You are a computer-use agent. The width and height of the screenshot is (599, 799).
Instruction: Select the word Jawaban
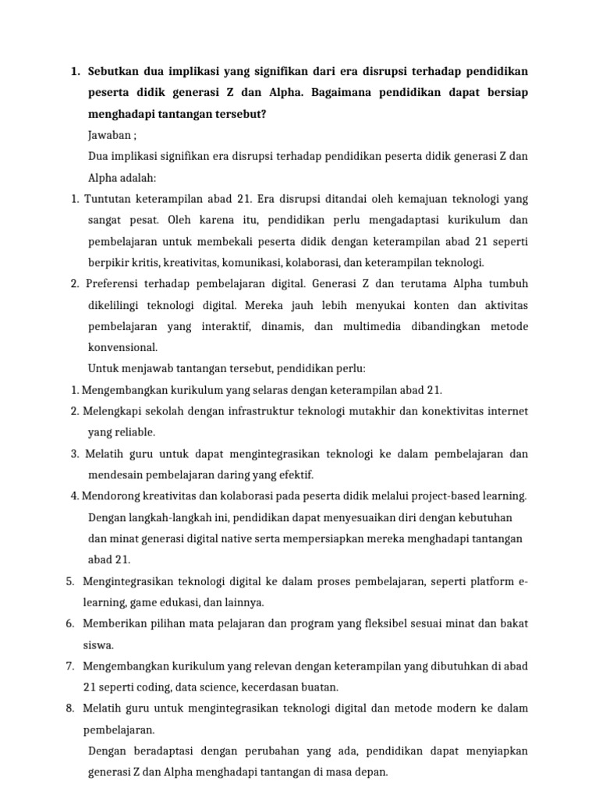[110, 135]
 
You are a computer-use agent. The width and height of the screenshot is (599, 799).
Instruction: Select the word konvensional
[123, 346]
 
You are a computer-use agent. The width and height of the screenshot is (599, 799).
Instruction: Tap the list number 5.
[69, 581]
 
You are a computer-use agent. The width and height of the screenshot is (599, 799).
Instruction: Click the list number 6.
[69, 623]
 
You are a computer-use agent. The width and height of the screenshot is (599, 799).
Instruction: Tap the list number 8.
[69, 708]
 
